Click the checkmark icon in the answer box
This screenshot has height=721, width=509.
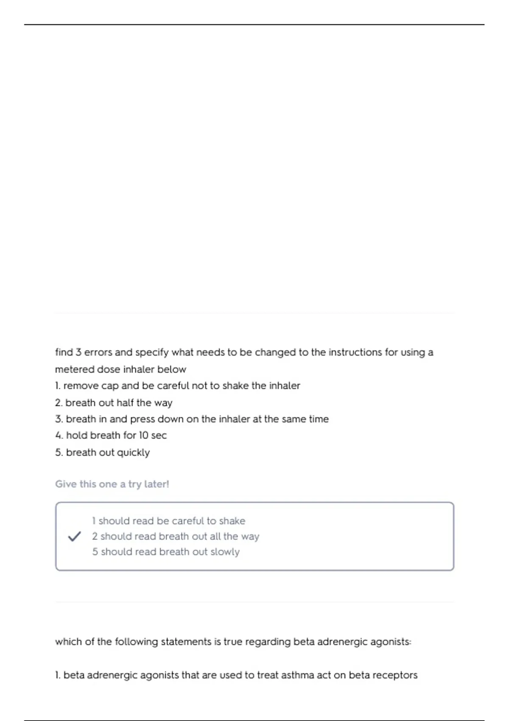coord(74,537)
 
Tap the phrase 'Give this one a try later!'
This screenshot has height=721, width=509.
coord(112,484)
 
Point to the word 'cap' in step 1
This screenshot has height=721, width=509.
coord(110,386)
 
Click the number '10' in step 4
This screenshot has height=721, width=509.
coord(143,436)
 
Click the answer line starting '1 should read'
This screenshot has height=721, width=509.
coord(168,521)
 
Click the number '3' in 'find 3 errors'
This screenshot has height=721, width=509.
coord(78,352)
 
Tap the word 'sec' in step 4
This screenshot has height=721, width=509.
coord(159,436)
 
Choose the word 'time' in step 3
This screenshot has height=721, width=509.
coord(319,419)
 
